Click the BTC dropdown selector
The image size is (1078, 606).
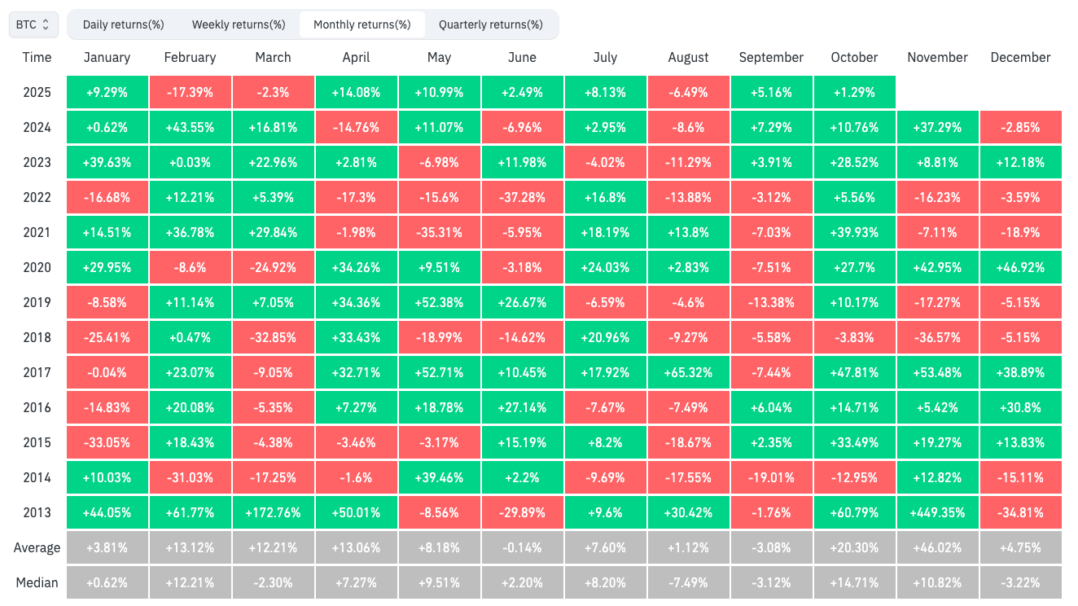click(33, 24)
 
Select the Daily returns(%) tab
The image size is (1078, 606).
click(123, 24)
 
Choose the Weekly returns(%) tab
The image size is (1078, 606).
click(239, 24)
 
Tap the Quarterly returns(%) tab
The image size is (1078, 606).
click(490, 24)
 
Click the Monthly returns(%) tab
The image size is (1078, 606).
click(362, 24)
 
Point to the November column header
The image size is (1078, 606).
click(937, 57)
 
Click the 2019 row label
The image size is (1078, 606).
click(37, 302)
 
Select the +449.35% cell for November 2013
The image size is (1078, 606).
click(937, 512)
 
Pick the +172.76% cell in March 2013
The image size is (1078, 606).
click(273, 512)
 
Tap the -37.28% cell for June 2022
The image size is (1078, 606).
click(522, 197)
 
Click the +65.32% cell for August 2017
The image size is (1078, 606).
click(688, 372)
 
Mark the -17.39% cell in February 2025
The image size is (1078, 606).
click(190, 92)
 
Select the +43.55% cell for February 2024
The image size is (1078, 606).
click(190, 127)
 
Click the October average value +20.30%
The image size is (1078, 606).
click(854, 547)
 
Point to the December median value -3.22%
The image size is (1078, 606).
click(1020, 582)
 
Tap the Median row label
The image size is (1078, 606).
click(37, 582)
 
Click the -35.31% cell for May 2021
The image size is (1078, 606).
click(439, 232)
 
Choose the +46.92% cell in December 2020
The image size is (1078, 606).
click(1020, 267)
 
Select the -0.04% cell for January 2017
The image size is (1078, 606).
click(107, 372)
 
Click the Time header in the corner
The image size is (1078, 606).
click(37, 57)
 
